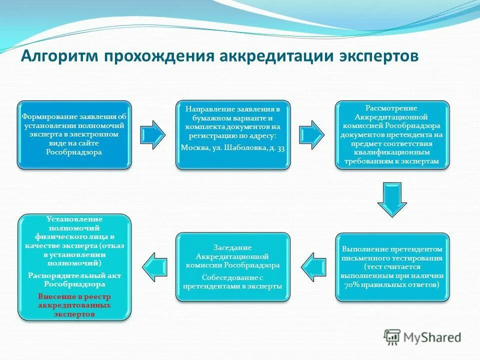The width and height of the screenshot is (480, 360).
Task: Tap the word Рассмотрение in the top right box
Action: point(391,108)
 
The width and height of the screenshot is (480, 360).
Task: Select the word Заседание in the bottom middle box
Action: point(232,247)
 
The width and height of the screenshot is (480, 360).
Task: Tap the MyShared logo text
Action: point(432,337)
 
